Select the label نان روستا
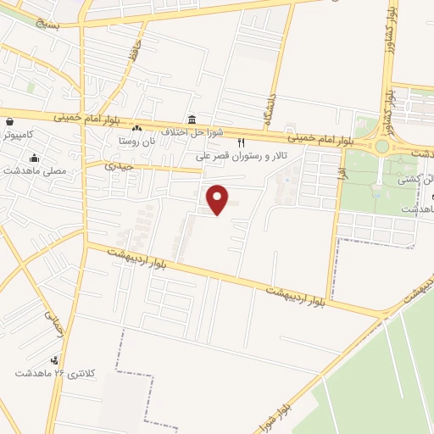(136, 142)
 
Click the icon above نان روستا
(136, 129)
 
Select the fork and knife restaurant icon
(242, 142)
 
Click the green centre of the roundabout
(382, 146)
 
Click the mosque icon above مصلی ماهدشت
(34, 157)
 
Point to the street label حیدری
(119, 167)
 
